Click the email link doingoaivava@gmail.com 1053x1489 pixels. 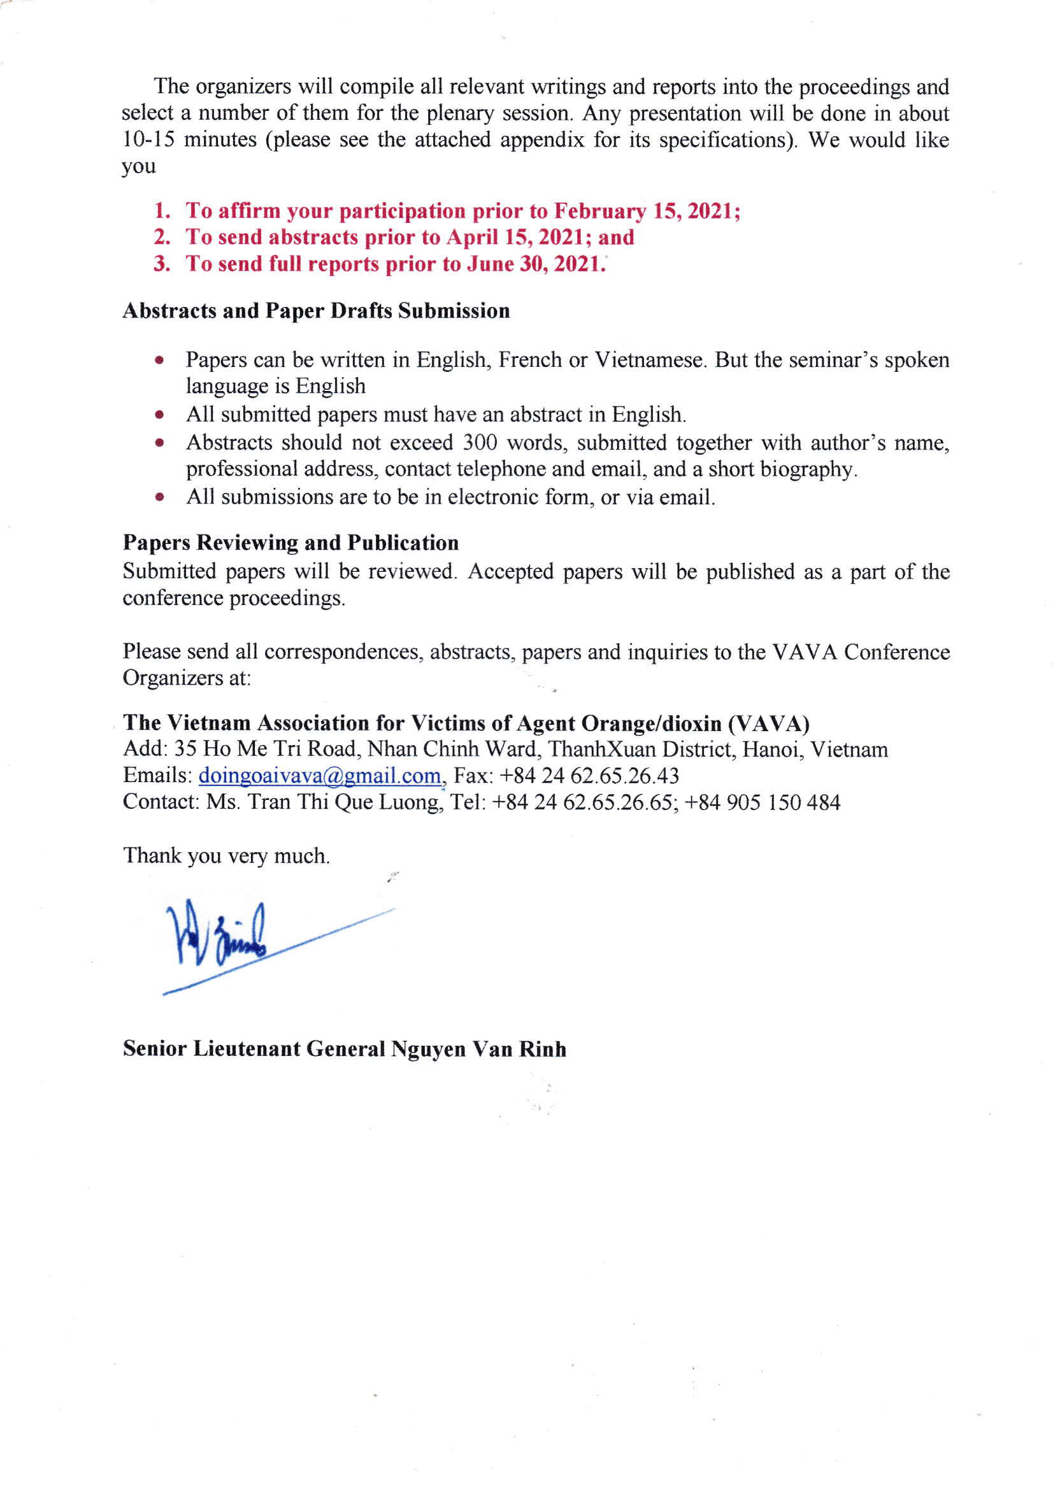319,776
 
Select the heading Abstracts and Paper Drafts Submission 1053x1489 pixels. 316,311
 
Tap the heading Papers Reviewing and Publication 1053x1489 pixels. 290,543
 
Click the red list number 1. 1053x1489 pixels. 162,211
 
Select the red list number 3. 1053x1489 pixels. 162,264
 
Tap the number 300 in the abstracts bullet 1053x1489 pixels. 480,443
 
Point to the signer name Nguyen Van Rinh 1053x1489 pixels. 478,1050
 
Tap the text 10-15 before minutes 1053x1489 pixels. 148,140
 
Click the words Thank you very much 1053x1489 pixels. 226,856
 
